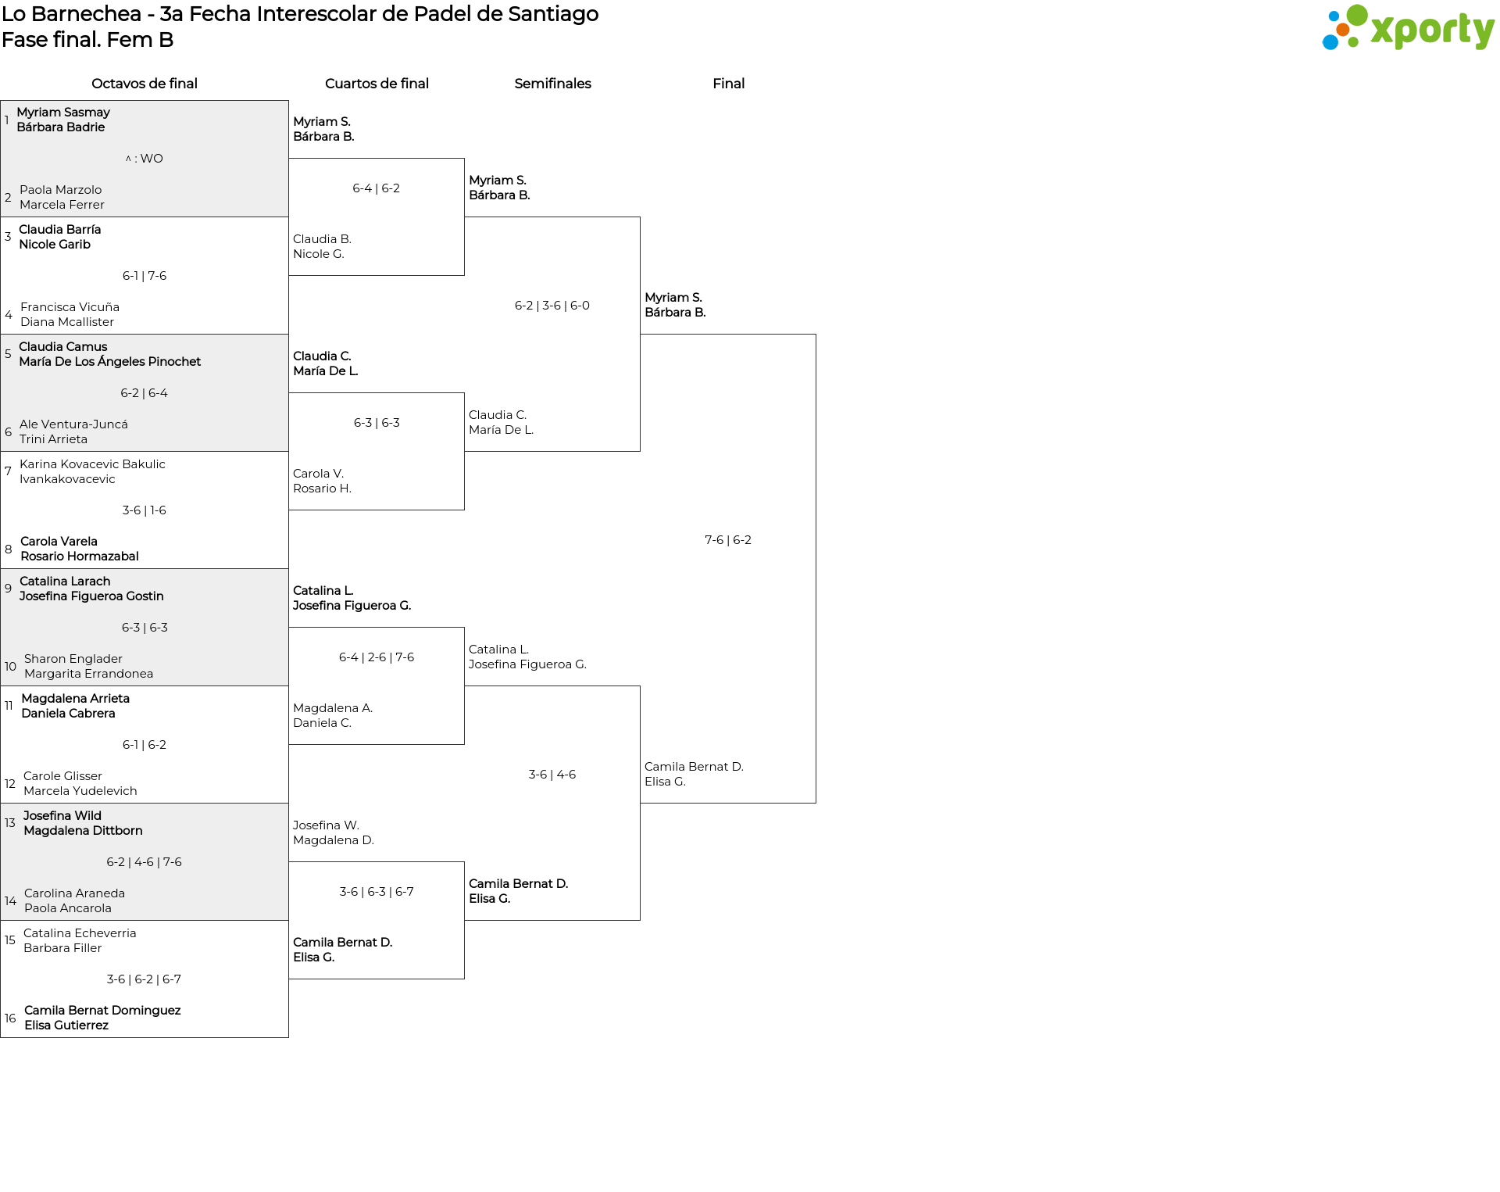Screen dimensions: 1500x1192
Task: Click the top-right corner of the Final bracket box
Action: (x=816, y=335)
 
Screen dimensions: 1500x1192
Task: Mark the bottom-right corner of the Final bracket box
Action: (x=816, y=803)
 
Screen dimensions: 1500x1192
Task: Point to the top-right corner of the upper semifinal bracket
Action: (x=640, y=217)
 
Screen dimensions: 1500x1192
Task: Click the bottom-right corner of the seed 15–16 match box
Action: (x=288, y=1037)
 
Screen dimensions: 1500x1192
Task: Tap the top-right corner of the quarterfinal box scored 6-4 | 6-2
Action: (x=464, y=159)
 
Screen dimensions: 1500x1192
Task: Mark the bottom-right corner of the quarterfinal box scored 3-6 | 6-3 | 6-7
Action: (x=464, y=979)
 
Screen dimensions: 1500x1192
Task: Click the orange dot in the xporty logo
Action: (x=1343, y=30)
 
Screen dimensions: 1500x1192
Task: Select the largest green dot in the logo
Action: (x=1357, y=15)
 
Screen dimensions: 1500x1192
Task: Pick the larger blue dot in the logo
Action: (x=1330, y=41)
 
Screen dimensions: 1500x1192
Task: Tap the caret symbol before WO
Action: (x=128, y=159)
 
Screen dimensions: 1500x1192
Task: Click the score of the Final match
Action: (x=728, y=540)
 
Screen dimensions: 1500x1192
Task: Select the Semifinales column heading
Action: (x=552, y=84)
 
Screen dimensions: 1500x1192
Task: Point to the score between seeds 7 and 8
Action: (x=145, y=510)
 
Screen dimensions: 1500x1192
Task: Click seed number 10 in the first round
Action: (x=10, y=667)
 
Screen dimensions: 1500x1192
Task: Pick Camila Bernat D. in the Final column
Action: (x=694, y=767)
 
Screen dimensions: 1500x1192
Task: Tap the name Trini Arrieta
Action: (x=53, y=439)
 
